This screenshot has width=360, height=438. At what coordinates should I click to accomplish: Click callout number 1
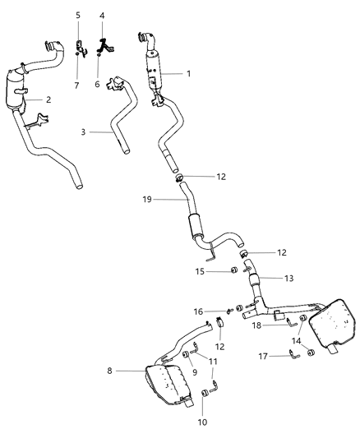pos(188,74)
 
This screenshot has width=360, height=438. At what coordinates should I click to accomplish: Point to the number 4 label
pos(102,16)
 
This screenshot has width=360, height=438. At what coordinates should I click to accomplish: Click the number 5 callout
pos(78,16)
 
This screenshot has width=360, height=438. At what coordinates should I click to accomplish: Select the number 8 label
pos(110,371)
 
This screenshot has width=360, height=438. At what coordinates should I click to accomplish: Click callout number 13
pos(287,278)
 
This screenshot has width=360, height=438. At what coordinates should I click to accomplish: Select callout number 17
pos(264,356)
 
